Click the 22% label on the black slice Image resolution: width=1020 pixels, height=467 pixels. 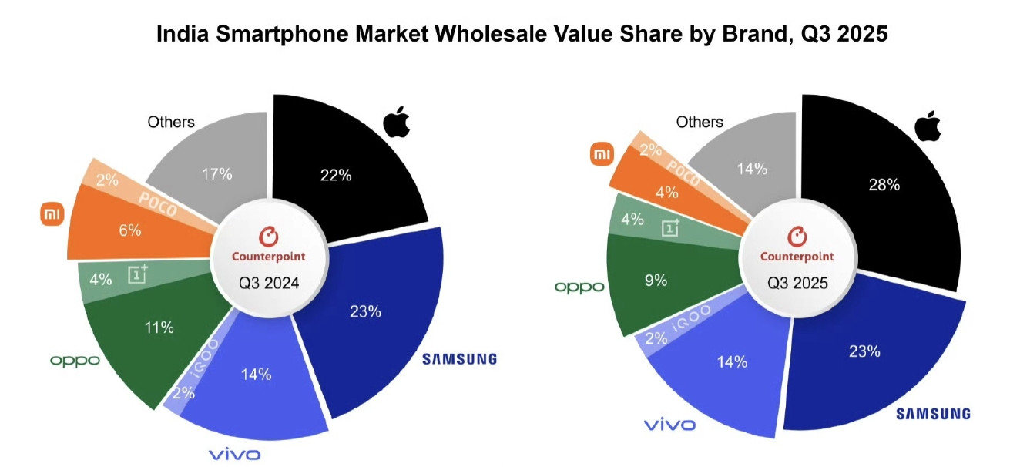(x=336, y=176)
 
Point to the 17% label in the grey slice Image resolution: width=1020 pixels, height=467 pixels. (x=216, y=174)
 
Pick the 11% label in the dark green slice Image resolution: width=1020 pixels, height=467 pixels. (x=159, y=328)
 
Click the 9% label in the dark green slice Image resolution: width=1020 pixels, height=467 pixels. (x=656, y=281)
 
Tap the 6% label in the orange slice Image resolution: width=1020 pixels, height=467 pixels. (x=130, y=231)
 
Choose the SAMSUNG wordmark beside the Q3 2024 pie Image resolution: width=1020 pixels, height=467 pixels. (x=459, y=358)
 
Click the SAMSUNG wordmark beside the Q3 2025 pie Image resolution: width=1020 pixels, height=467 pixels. (x=933, y=414)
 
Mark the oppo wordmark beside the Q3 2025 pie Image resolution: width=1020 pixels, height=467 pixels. (x=579, y=287)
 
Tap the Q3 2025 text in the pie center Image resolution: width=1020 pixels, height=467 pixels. (x=797, y=283)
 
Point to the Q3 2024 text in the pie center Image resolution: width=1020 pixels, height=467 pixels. (x=268, y=283)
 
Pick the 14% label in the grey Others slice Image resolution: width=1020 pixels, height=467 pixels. (x=750, y=170)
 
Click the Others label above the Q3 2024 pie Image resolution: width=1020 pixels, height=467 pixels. (x=170, y=122)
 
